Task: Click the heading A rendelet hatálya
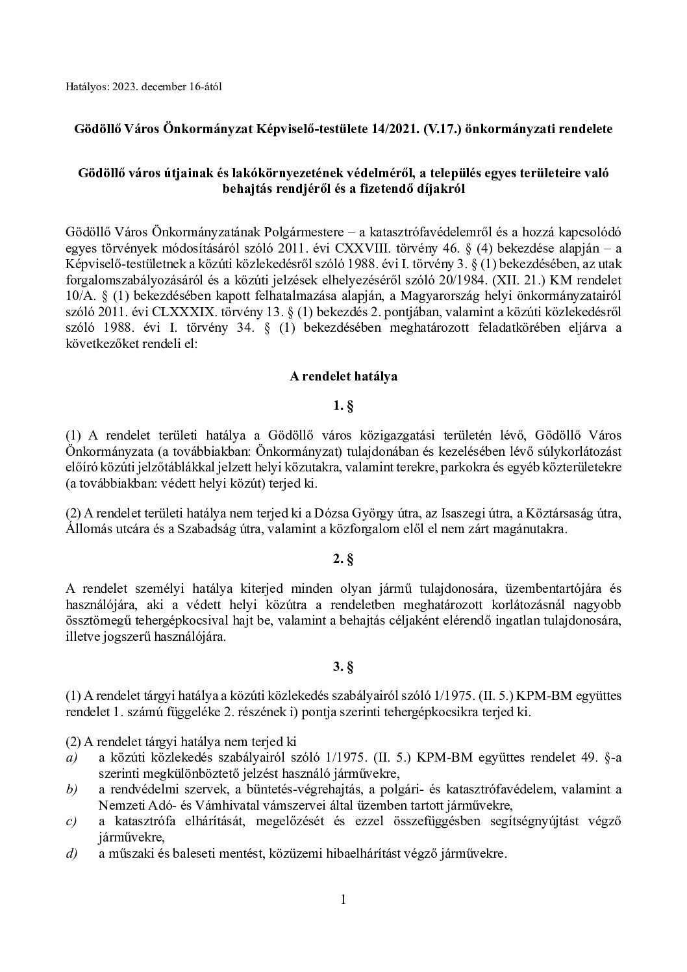[343, 375]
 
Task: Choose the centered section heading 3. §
[343, 666]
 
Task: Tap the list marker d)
[71, 854]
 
